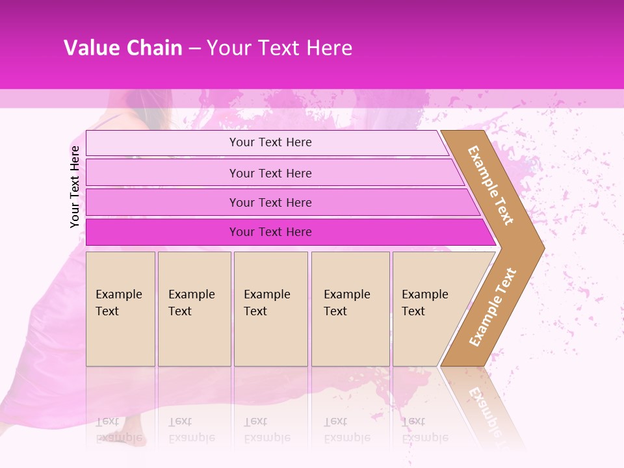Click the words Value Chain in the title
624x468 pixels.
click(123, 48)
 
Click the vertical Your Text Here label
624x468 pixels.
click(75, 187)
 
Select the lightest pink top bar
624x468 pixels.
click(162, 143)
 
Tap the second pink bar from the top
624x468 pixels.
click(162, 173)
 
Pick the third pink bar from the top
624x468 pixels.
click(162, 202)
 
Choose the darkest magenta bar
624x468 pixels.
click(162, 232)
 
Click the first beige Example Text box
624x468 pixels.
click(120, 309)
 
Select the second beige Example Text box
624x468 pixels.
click(194, 309)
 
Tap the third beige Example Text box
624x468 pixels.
click(270, 309)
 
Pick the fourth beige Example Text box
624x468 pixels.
click(350, 309)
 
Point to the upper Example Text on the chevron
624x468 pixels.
click(491, 185)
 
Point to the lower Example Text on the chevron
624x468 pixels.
click(493, 307)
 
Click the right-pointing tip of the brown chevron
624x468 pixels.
click(541, 248)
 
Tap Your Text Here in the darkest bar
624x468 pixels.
click(270, 232)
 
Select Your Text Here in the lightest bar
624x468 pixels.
click(270, 142)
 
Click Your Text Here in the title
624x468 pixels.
click(279, 48)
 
